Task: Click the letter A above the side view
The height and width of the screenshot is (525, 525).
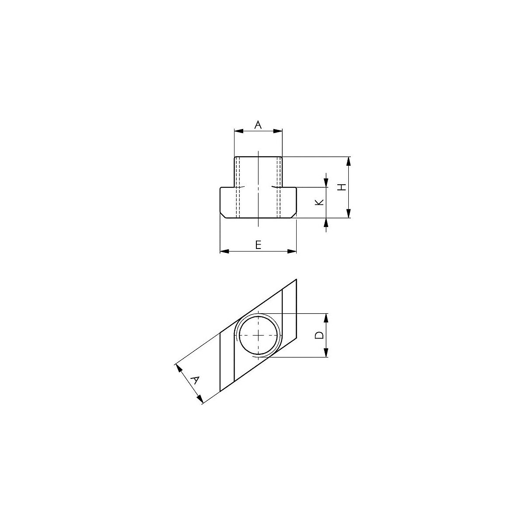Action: coord(258,125)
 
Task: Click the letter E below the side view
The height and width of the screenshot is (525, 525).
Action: coord(258,245)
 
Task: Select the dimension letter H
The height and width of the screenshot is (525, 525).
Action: coord(342,187)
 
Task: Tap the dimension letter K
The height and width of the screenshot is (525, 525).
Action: coord(319,203)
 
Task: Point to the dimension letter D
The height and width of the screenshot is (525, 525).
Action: coord(319,335)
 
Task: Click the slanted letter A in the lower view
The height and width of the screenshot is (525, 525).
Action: coord(195,380)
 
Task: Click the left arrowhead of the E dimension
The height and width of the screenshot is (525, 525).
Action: coord(224,251)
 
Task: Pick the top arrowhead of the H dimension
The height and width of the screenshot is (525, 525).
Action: coord(348,161)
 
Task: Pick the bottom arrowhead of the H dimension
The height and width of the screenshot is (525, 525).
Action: coord(348,213)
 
